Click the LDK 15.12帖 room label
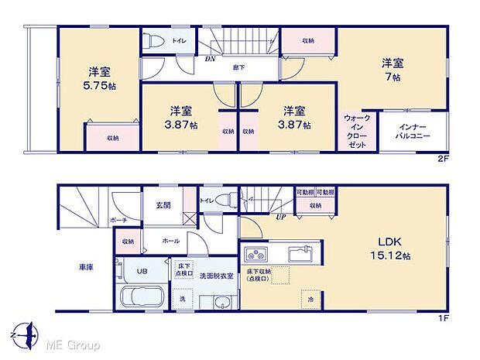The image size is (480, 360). (x=384, y=248)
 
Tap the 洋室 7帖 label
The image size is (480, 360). (x=392, y=70)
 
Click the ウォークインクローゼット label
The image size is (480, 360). (x=357, y=130)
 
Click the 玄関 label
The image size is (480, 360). (x=163, y=205)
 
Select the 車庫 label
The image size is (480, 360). (x=87, y=268)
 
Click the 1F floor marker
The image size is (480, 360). (x=444, y=317)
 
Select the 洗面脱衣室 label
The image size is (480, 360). (x=210, y=277)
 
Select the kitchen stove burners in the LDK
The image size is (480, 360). (x=256, y=254)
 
